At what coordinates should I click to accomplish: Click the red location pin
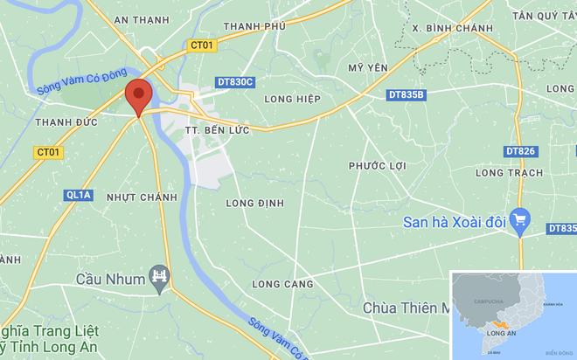[x=138, y=95]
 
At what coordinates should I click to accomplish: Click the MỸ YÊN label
[x=367, y=67]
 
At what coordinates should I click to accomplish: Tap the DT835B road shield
[x=406, y=94]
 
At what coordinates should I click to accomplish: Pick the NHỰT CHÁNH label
[x=141, y=197]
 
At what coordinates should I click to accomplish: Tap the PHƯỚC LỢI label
[x=379, y=165]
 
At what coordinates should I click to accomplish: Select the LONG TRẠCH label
[x=505, y=175]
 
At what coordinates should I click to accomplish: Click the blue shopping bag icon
[x=521, y=220]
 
